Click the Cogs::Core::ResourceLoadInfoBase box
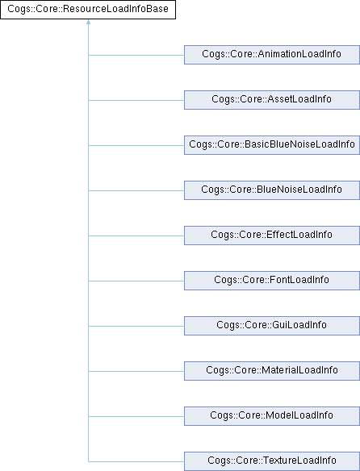[88, 10]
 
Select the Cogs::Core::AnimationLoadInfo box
[272, 55]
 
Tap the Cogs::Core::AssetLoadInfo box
[272, 100]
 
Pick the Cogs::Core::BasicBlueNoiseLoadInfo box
[272, 145]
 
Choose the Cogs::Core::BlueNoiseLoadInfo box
[272, 190]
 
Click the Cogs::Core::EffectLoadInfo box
[272, 235]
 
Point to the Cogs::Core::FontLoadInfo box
[272, 281]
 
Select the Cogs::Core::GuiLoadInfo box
[272, 326]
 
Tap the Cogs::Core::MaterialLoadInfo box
[272, 371]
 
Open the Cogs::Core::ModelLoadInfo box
[272, 416]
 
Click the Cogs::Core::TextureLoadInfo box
[272, 461]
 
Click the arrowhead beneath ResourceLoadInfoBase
[88, 22]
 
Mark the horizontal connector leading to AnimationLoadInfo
[136, 56]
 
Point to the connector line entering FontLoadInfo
[136, 281]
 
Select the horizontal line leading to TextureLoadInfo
[136, 461]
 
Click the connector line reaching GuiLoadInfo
[136, 326]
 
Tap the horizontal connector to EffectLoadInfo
[136, 235]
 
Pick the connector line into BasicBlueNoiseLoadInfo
[136, 146]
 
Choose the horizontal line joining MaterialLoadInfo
[136, 371]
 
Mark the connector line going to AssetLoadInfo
[136, 100]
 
